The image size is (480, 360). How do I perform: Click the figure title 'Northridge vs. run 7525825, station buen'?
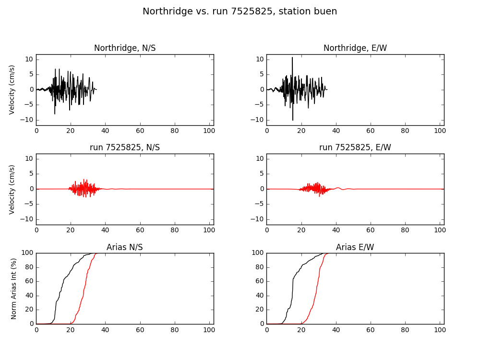click(x=240, y=12)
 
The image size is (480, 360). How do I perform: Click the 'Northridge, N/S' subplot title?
click(x=125, y=48)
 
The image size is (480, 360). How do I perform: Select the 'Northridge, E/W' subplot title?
click(x=355, y=48)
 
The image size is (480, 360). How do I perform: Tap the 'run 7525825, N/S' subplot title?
click(x=125, y=147)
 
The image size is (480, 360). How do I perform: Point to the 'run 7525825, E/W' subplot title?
click(x=355, y=147)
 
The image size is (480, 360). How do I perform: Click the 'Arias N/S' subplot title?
click(x=125, y=247)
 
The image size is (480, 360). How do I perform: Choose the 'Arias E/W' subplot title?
click(x=355, y=247)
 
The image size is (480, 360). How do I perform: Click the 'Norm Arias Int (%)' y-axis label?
click(x=13, y=288)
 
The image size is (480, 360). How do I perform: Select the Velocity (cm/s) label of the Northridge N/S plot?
click(x=12, y=90)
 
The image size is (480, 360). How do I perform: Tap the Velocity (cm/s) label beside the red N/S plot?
click(x=12, y=190)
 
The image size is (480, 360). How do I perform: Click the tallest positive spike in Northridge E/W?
click(x=292, y=58)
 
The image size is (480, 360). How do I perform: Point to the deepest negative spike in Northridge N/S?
click(x=55, y=114)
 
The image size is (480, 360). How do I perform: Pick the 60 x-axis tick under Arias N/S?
click(x=140, y=330)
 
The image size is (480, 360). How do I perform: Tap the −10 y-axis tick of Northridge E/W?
click(x=257, y=120)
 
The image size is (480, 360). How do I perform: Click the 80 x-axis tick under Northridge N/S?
click(x=175, y=131)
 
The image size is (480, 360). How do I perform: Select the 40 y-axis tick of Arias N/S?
click(x=29, y=296)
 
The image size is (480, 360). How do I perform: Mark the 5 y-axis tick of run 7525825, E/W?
click(x=262, y=174)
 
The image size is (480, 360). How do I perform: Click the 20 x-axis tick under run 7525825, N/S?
click(x=71, y=230)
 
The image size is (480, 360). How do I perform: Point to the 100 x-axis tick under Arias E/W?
click(x=440, y=330)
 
